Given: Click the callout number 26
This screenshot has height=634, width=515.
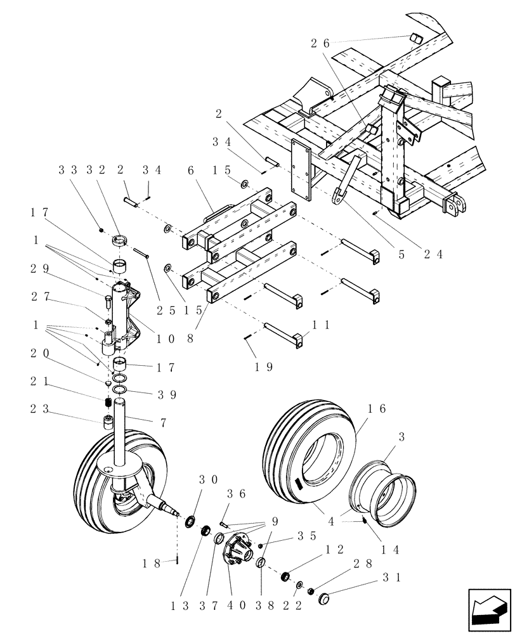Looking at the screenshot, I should (320, 44).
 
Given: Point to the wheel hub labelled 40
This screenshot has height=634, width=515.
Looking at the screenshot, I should (237, 552).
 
